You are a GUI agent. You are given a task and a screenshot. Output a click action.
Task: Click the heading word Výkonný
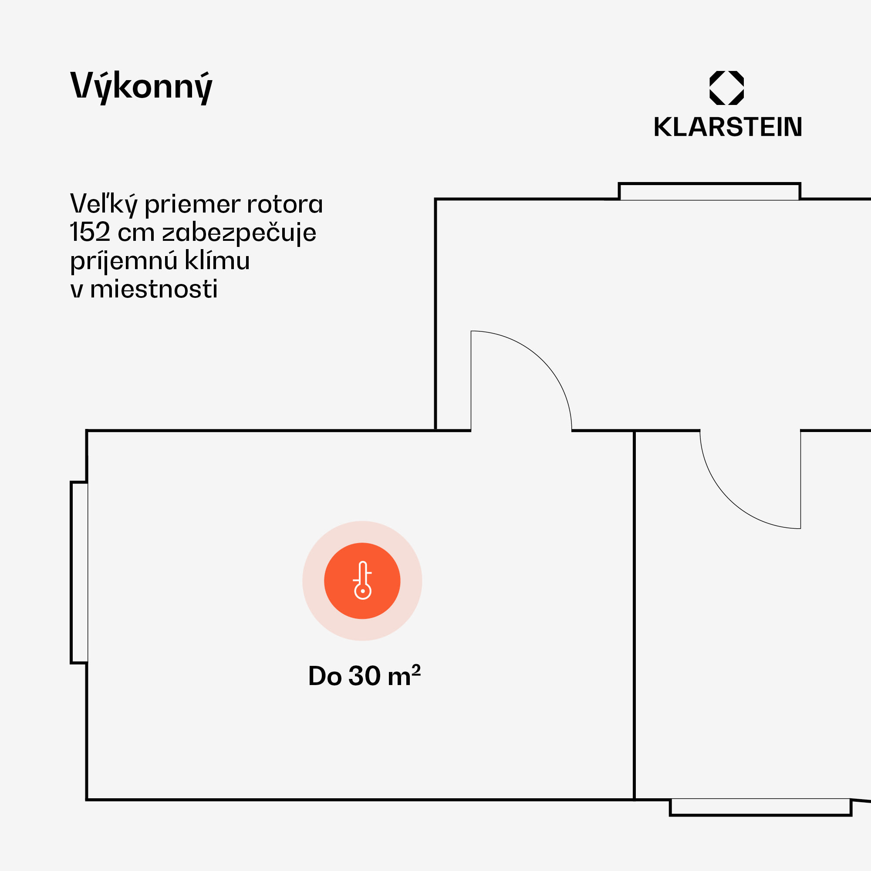[141, 87]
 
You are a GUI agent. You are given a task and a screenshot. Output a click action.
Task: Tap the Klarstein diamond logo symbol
[726, 88]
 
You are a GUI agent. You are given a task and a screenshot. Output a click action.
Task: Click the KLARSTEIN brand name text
[728, 127]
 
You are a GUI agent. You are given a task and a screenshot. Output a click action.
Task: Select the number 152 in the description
[90, 233]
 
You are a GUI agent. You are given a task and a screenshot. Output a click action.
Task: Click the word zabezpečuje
[239, 233]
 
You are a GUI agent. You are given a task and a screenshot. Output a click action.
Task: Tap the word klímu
[217, 260]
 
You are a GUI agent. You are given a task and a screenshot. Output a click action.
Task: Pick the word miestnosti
[154, 289]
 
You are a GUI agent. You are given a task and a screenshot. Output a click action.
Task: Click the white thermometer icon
[362, 580]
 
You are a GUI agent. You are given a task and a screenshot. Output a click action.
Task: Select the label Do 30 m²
[364, 676]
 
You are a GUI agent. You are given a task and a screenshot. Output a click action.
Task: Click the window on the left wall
[79, 572]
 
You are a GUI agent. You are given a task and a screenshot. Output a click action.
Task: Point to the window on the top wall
[709, 192]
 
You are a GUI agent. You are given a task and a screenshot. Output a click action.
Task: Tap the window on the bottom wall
[760, 807]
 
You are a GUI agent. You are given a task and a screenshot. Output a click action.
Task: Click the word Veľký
[104, 204]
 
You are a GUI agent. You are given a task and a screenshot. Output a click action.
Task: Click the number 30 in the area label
[364, 676]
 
